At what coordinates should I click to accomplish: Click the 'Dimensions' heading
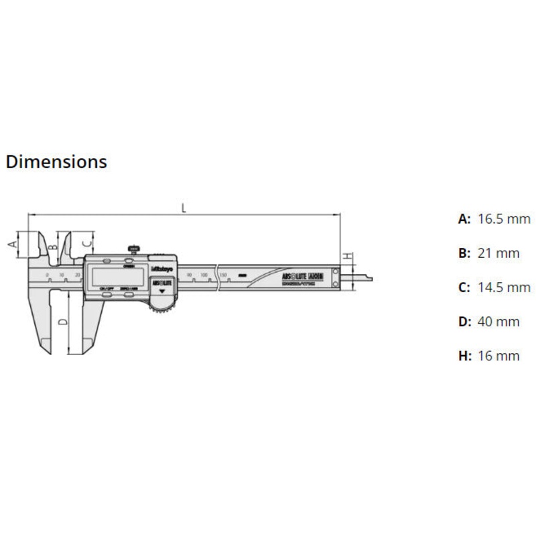(x=56, y=162)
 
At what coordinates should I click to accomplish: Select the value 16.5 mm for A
(x=503, y=219)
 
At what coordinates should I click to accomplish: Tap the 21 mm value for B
(x=498, y=253)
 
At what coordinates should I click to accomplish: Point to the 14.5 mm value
(x=503, y=287)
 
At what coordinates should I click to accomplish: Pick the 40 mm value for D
(x=498, y=322)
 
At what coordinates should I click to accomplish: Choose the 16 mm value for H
(x=498, y=356)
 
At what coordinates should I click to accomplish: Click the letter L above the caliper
(x=184, y=208)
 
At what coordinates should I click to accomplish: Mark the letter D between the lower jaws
(x=62, y=322)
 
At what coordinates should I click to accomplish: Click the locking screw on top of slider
(x=133, y=249)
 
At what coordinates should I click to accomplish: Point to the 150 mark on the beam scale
(x=223, y=275)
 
